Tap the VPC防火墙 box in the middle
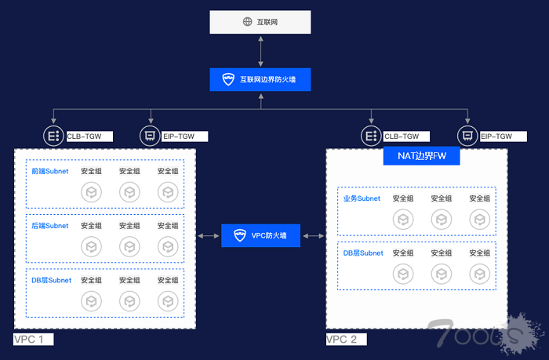261,235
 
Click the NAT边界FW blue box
421,156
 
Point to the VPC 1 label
34,340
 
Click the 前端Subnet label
49,171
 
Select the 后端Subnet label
49,226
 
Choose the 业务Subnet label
362,198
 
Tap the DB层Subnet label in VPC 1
51,280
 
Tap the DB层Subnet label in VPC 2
363,253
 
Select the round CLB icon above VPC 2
371,136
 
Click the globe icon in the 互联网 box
245,22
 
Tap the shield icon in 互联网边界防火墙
228,79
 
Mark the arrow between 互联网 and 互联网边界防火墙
261,51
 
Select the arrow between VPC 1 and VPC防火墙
208,235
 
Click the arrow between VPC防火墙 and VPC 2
313,235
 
